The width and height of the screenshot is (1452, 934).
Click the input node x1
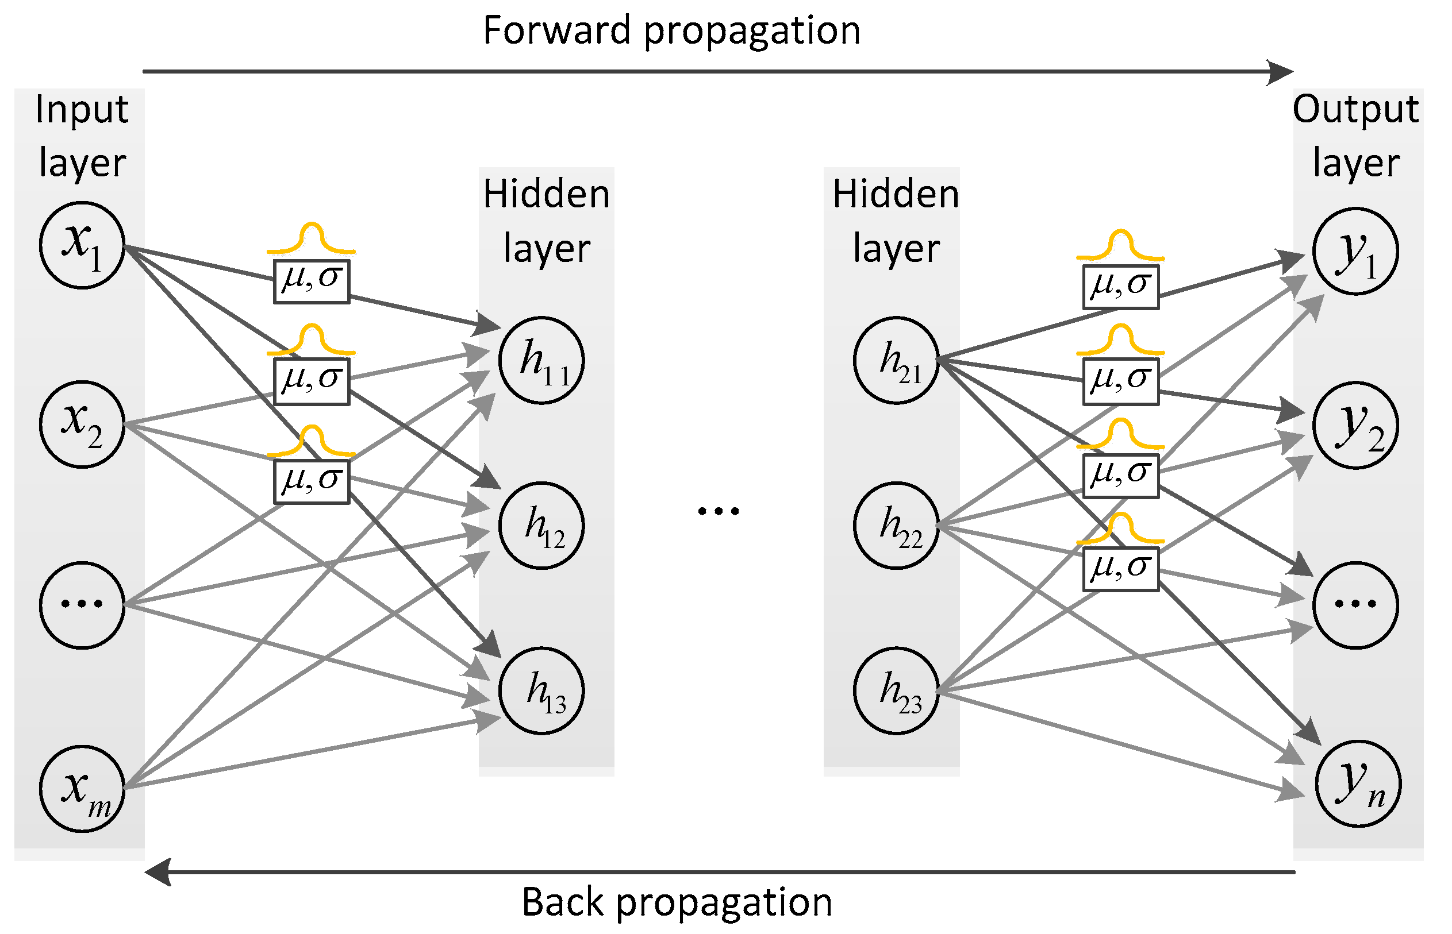(x=82, y=245)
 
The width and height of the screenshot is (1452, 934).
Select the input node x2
(x=82, y=424)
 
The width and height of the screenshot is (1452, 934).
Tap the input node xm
(x=82, y=789)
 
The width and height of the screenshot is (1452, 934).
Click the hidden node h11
(x=541, y=360)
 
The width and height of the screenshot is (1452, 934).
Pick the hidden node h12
(x=541, y=525)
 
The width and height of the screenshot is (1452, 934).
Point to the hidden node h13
(x=541, y=691)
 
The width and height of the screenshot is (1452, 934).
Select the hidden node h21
(x=896, y=360)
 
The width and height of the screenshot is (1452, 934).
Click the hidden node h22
(x=896, y=525)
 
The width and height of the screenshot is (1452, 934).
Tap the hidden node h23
(x=896, y=691)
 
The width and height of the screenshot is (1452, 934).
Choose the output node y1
(x=1355, y=251)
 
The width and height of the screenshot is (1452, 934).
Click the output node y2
(x=1355, y=425)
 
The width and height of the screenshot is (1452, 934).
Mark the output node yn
(x=1357, y=784)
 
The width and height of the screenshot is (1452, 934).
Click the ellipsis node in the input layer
(x=82, y=605)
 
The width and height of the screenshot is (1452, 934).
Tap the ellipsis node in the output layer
(x=1355, y=605)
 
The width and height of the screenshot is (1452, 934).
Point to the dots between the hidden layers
(x=719, y=511)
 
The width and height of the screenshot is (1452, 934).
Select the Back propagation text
(x=677, y=902)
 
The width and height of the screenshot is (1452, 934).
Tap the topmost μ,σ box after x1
(x=312, y=281)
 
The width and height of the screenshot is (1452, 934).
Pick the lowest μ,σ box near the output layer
(x=1120, y=569)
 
